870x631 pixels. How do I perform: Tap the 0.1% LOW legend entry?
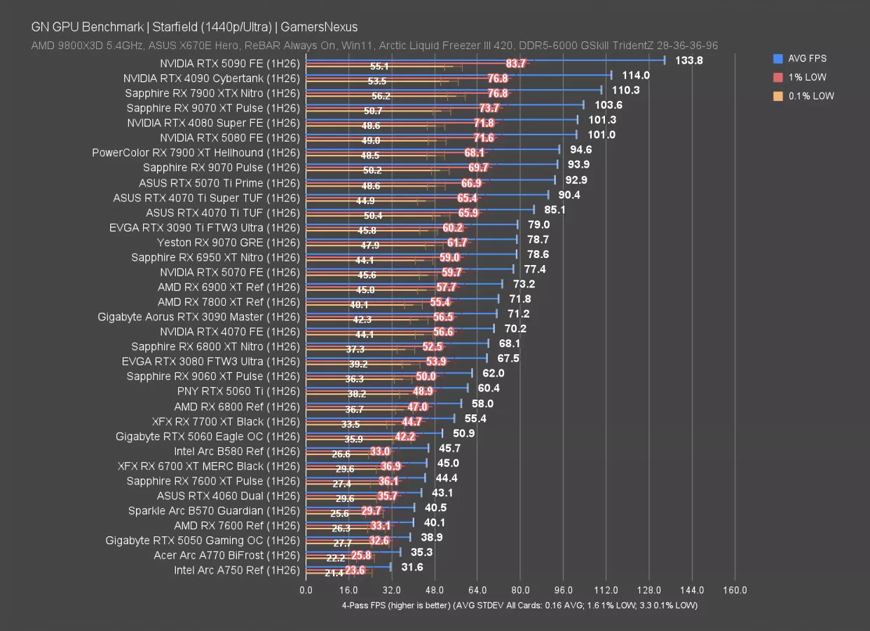click(x=808, y=96)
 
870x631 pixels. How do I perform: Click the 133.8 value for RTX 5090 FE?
click(x=688, y=60)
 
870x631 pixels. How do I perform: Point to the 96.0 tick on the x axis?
click(x=563, y=590)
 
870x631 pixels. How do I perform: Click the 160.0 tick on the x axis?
click(x=735, y=590)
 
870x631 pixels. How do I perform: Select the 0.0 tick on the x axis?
click(x=306, y=590)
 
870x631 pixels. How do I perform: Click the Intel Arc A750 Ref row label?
click(x=236, y=570)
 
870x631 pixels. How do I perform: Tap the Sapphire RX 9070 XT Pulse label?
click(x=213, y=108)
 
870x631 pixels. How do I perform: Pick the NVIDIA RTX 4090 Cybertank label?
click(x=211, y=79)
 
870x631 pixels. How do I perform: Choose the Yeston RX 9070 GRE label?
click(x=228, y=243)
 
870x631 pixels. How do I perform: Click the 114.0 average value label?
click(x=636, y=75)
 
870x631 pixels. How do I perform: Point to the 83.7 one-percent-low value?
click(x=516, y=64)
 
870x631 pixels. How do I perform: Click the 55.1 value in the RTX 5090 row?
click(x=379, y=67)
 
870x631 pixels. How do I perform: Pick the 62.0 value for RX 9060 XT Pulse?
click(x=493, y=373)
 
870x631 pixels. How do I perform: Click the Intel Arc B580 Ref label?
click(x=237, y=451)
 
